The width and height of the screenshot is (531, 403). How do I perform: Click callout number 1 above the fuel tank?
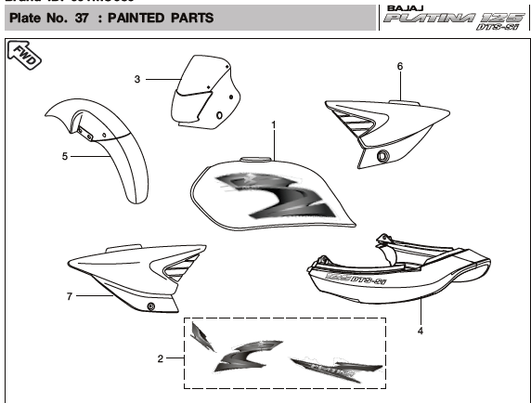point(274,123)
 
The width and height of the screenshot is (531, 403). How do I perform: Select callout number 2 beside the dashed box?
point(160,358)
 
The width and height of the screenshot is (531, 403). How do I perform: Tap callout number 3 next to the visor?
point(137,80)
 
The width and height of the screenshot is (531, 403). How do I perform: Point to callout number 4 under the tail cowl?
point(420,329)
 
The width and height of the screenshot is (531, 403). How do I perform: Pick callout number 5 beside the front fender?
point(65,157)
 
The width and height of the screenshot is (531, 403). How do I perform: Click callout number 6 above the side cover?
point(399,67)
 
